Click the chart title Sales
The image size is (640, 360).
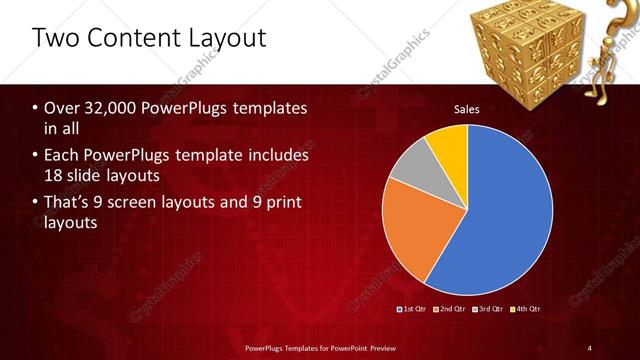[467, 108]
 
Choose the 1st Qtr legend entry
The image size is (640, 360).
[414, 309]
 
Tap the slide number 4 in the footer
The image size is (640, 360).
[589, 348]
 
